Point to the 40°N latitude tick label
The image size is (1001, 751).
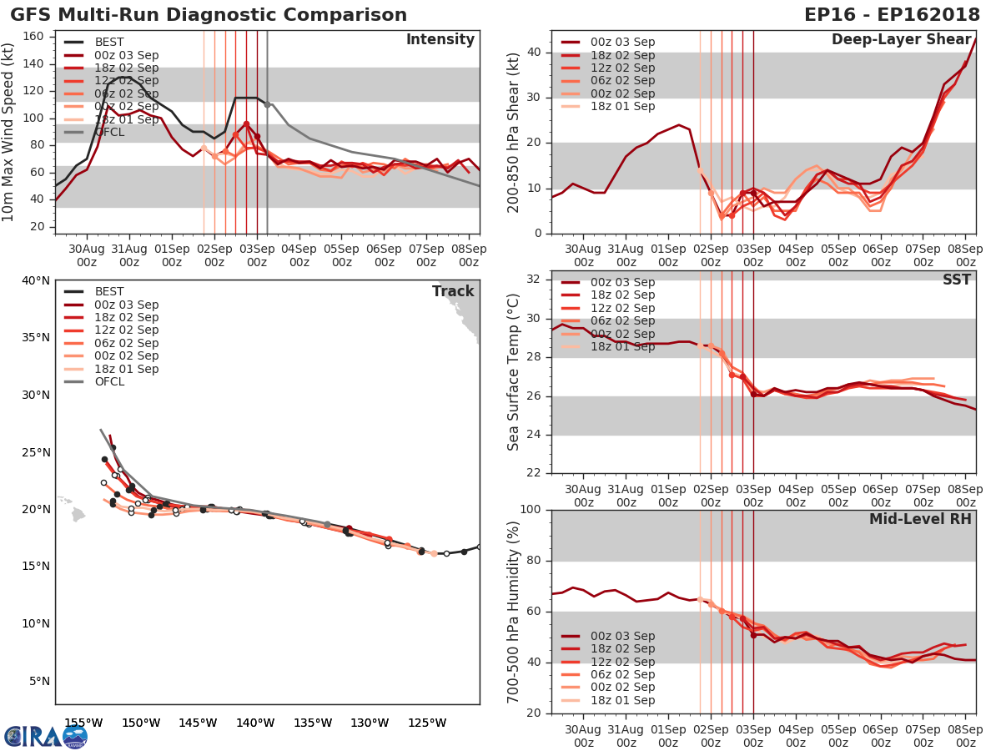[x=35, y=280]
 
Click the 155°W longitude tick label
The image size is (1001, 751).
[x=83, y=723]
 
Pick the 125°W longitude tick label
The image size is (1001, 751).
[x=427, y=723]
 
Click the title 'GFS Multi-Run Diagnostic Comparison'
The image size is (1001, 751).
[x=209, y=15]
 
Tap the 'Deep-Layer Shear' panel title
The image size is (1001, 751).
[x=901, y=40]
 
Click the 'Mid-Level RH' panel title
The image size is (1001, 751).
[x=920, y=519]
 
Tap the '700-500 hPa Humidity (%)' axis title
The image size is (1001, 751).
[x=514, y=611]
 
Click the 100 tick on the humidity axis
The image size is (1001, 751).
[x=531, y=510]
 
